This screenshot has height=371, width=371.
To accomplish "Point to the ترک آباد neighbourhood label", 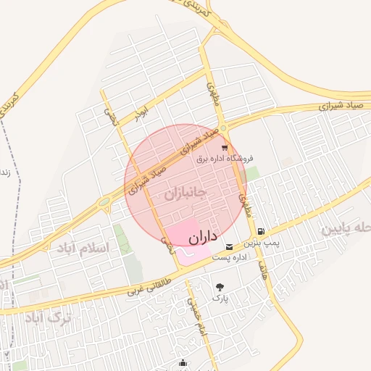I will (x=49, y=317).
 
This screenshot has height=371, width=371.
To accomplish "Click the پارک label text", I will (x=220, y=298).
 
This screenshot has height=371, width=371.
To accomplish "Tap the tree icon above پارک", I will (x=220, y=286).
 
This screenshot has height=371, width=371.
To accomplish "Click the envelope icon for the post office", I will (x=230, y=246).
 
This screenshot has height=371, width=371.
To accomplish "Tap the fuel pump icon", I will (x=260, y=232).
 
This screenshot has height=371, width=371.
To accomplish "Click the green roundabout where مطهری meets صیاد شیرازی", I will (x=223, y=128).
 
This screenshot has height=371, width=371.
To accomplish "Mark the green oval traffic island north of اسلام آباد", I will (x=104, y=201).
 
